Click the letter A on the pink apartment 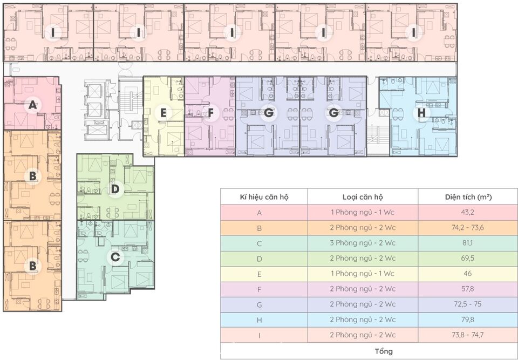[32, 105]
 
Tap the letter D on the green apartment [115, 189]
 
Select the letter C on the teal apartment [115, 257]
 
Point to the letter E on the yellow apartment [163, 113]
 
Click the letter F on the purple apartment [211, 113]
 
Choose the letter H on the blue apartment [422, 113]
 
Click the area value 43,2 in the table [467, 212]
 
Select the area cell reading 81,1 [467, 243]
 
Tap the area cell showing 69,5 [467, 258]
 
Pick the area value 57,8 [467, 289]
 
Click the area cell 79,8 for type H [467, 320]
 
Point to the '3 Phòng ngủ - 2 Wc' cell [363, 243]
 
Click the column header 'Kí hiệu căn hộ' [264, 197]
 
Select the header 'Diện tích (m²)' [468, 196]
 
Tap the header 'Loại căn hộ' [363, 197]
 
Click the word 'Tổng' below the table [384, 351]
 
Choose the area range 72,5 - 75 [467, 304]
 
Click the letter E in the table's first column [260, 274]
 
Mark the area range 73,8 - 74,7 [467, 335]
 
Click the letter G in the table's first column [260, 304]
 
